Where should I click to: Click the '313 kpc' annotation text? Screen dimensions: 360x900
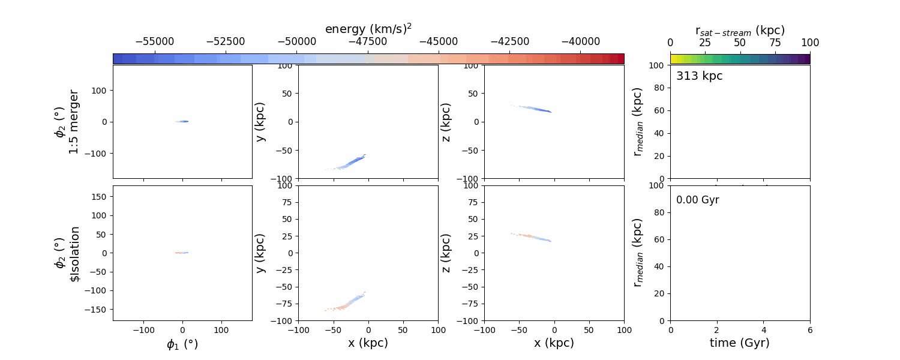(x=700, y=76)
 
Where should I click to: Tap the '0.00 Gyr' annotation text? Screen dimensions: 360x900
(x=698, y=200)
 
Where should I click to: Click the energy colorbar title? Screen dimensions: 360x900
(x=368, y=28)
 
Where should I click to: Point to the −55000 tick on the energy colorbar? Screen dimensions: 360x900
(x=155, y=42)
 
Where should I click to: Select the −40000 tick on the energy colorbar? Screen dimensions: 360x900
(x=580, y=42)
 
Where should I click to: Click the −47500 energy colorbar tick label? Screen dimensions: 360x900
(x=368, y=42)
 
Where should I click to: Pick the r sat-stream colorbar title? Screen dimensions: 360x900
(x=740, y=30)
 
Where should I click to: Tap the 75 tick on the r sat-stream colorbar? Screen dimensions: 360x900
(x=775, y=43)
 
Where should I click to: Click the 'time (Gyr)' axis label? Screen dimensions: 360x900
(x=740, y=343)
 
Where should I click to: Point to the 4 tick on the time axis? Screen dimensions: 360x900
(x=763, y=330)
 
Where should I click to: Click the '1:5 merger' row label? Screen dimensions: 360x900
(x=74, y=122)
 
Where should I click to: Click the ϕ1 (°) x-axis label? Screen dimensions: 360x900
(x=182, y=344)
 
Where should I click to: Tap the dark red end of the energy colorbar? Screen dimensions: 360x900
(x=621, y=58)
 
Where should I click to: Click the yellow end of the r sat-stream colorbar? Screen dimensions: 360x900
(x=673, y=58)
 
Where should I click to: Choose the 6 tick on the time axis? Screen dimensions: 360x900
(x=810, y=330)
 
